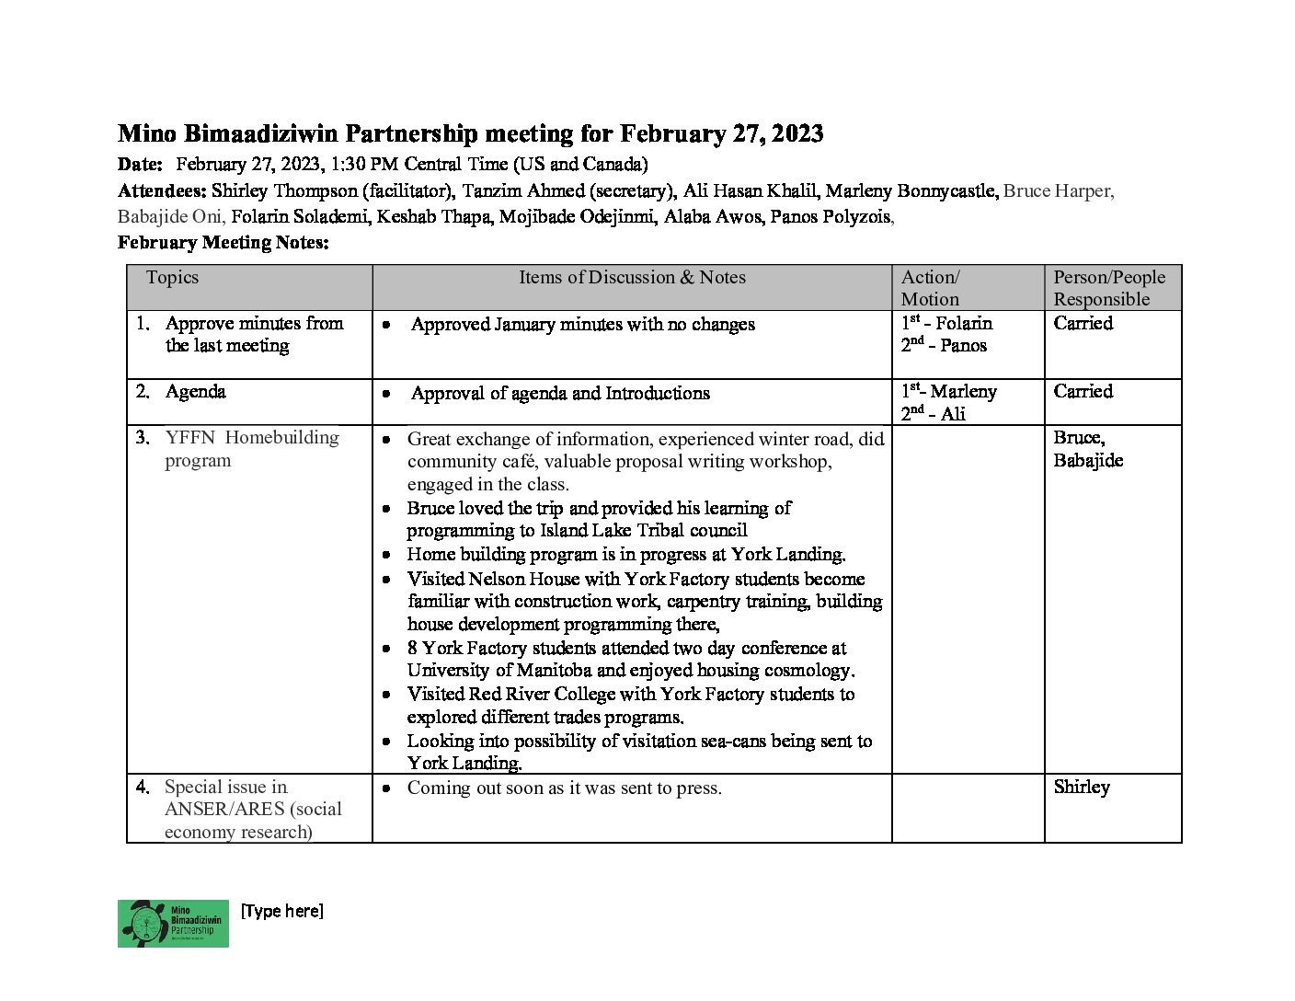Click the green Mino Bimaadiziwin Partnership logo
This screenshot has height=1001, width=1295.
point(173,923)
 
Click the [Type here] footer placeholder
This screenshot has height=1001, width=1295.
point(281,911)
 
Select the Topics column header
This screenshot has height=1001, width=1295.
point(172,278)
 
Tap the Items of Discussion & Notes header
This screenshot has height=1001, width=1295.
point(632,278)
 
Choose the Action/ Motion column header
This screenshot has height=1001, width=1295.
point(930,288)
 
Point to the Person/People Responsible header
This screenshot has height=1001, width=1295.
point(1108,288)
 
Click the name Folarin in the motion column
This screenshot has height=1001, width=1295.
point(964,324)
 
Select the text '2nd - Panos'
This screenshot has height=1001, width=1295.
point(944,346)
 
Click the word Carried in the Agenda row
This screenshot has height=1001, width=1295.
point(1083,392)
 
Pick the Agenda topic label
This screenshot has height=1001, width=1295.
point(195,392)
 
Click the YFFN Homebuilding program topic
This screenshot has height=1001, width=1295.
point(251,449)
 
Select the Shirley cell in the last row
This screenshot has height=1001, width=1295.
point(1082,788)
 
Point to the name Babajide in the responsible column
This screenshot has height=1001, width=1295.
point(1088,461)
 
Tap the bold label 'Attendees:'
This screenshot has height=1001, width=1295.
point(162,191)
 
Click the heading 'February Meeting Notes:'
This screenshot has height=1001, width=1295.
point(223,243)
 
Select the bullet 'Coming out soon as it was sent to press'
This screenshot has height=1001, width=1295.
point(564,788)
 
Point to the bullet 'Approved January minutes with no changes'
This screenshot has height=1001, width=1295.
point(582,325)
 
